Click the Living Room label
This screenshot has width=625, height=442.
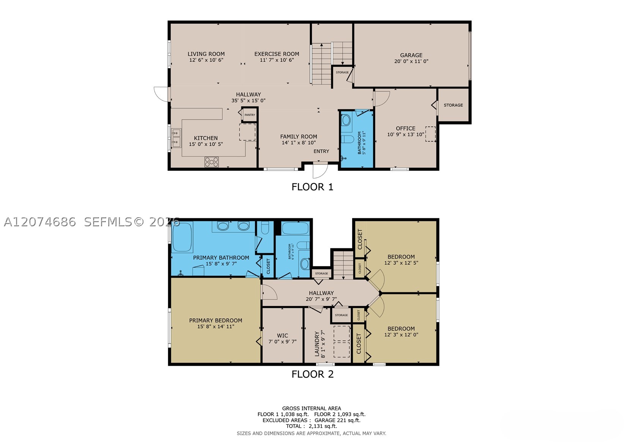tap(206, 54)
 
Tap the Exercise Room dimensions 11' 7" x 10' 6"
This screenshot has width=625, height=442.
tap(277, 60)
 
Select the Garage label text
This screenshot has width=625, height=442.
tap(411, 55)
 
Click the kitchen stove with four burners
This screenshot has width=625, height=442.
tap(211, 162)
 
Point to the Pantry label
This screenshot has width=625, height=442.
tap(250, 115)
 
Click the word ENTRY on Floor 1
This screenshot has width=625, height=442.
tap(321, 152)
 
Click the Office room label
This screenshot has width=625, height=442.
tap(405, 128)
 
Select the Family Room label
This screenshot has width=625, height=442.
tap(299, 137)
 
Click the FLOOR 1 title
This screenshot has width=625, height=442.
tap(312, 187)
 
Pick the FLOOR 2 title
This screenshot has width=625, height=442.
tap(313, 374)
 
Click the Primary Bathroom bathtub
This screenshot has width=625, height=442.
tap(182, 237)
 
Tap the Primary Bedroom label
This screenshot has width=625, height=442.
tap(216, 320)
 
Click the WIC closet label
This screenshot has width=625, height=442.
tap(282, 336)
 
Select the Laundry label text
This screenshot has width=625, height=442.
tap(317, 344)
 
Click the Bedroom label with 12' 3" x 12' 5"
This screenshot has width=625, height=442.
tap(401, 257)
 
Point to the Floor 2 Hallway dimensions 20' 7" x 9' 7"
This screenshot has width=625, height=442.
tap(321, 299)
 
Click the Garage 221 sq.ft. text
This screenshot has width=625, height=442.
tap(337, 420)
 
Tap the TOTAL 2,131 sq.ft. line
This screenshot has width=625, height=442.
tap(312, 426)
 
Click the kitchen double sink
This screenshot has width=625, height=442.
tap(176, 138)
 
